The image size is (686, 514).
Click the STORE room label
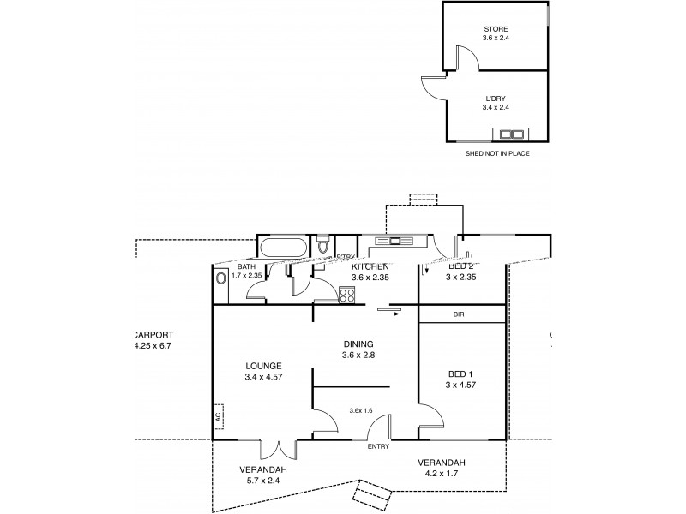(495, 29)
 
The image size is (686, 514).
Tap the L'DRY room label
(496, 99)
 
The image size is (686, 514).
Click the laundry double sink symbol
(513, 134)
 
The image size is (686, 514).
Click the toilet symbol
(322, 247)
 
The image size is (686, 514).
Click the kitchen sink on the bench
(397, 240)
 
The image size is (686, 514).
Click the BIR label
(460, 314)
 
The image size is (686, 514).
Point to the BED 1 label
(460, 374)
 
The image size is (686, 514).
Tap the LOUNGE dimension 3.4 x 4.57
(262, 376)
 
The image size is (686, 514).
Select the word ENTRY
(378, 447)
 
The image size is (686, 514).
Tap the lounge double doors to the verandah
(280, 450)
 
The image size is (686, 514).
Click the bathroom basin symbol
(221, 278)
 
